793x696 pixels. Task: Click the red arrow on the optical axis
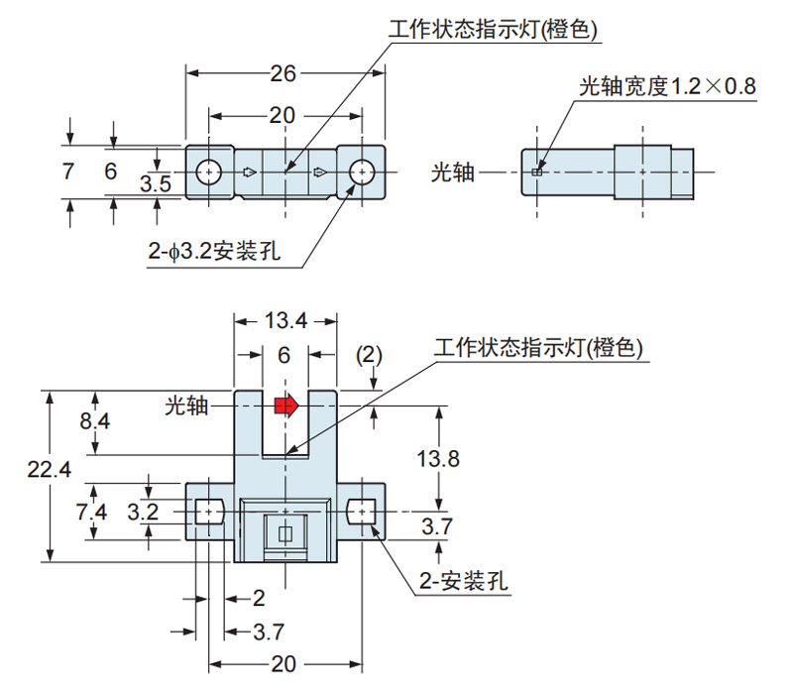[285, 405]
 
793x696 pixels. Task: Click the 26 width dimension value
[283, 72]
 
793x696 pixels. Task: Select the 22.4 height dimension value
[50, 472]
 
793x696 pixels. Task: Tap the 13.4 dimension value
[285, 319]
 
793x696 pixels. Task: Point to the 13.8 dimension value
[438, 459]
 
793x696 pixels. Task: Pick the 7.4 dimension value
[90, 512]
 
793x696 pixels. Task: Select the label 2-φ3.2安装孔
[213, 254]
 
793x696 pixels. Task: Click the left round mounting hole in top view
[207, 172]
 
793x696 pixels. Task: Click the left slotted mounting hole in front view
[207, 512]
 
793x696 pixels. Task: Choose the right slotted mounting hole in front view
[362, 512]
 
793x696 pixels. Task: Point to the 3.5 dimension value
[156, 183]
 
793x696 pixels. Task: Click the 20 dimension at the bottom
[284, 665]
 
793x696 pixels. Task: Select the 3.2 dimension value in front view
[145, 512]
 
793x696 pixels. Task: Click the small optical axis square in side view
[536, 173]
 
